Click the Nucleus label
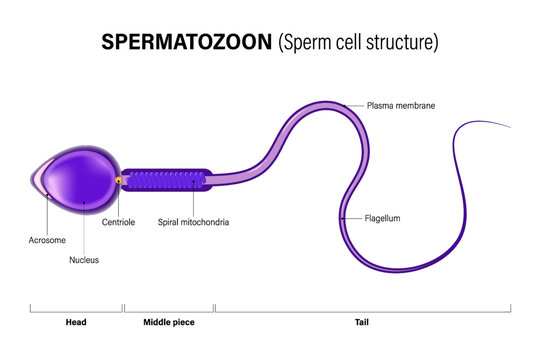click(84, 260)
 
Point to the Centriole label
click(119, 222)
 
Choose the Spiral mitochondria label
click(194, 222)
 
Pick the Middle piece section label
click(169, 322)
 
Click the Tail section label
click(362, 322)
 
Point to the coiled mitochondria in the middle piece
click(169, 180)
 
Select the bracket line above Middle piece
click(169, 309)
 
